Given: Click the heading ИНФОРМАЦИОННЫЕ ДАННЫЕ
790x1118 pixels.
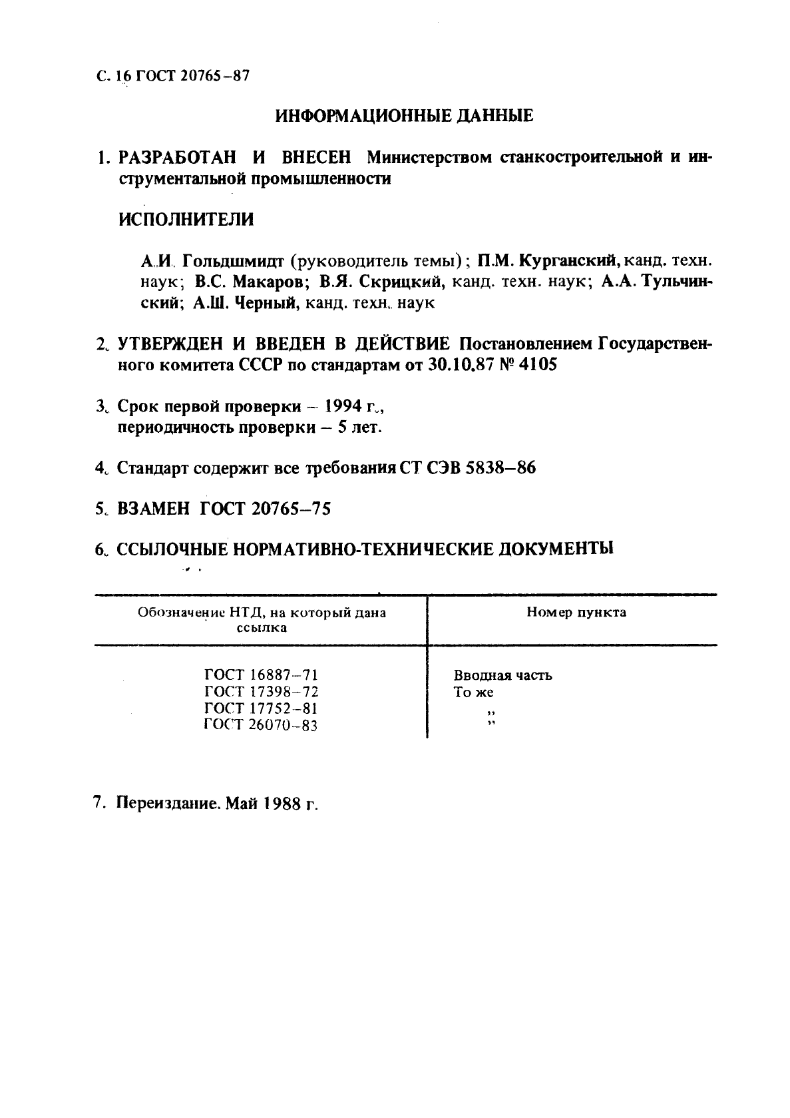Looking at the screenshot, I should coord(404,116).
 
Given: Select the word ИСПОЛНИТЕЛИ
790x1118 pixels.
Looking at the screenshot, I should coord(186,219).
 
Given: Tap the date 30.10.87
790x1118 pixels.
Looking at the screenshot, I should coord(459,366).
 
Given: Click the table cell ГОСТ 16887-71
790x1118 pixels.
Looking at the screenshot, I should coord(261,675).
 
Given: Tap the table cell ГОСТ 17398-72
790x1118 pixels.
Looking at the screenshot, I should coord(261,692).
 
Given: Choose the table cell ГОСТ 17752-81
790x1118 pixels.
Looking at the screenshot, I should coord(261,708).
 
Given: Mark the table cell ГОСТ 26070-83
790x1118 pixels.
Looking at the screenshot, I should coord(261,725).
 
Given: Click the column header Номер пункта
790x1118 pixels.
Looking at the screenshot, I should coord(576,613).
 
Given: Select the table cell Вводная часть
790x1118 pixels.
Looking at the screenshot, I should coord(502,676).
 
